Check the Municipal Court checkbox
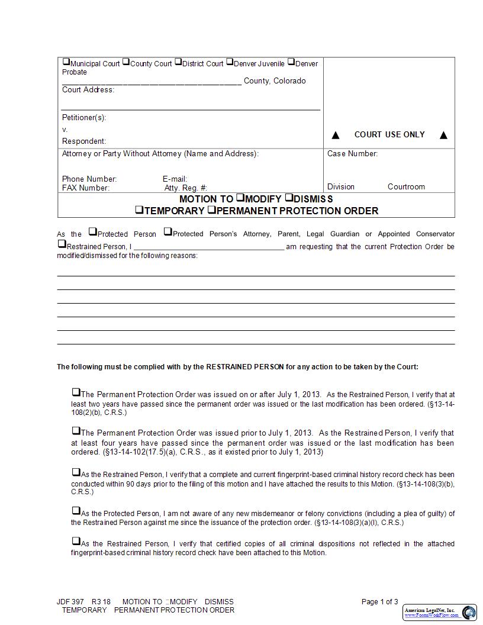pyautogui.click(x=66, y=63)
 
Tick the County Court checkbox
pyautogui.click(x=126, y=63)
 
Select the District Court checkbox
pyautogui.click(x=178, y=63)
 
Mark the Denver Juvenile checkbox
pyautogui.click(x=230, y=63)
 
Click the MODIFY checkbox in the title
pyautogui.click(x=240, y=198)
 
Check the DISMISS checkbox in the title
pyautogui.click(x=289, y=198)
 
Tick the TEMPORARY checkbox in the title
pyautogui.click(x=139, y=210)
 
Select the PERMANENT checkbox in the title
pyautogui.click(x=211, y=210)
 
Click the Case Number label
pyautogui.click(x=352, y=154)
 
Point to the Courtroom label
pyautogui.click(x=406, y=187)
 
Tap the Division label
pyautogui.click(x=341, y=187)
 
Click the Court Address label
pyautogui.click(x=88, y=90)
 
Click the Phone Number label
pyautogui.click(x=89, y=179)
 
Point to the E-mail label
pyautogui.click(x=175, y=179)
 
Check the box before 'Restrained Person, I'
pyautogui.click(x=62, y=244)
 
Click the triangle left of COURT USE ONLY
pyautogui.click(x=336, y=136)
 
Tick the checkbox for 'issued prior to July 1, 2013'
pyautogui.click(x=76, y=431)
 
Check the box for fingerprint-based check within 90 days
pyautogui.click(x=76, y=472)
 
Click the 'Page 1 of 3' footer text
pyautogui.click(x=379, y=602)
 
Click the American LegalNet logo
pyautogui.click(x=440, y=612)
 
